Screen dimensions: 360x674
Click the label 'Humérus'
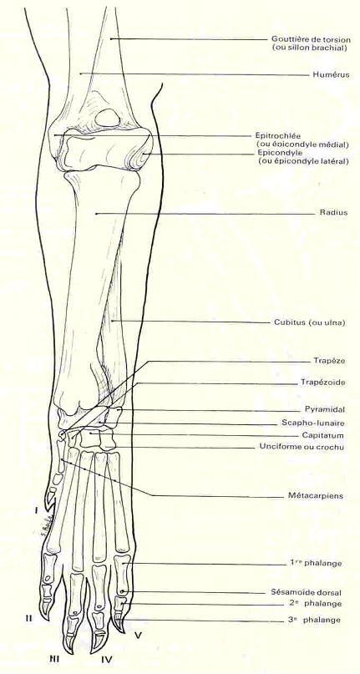coord(330,75)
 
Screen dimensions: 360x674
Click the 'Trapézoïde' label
coord(328,383)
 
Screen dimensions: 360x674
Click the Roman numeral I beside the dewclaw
coord(37,510)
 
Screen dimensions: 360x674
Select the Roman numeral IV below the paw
coord(107,658)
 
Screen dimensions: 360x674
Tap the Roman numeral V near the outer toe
coord(137,635)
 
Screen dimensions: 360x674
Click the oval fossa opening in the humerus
coord(108,119)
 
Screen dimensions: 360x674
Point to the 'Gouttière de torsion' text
coord(308,39)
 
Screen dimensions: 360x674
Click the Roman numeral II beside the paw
coord(28,619)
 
